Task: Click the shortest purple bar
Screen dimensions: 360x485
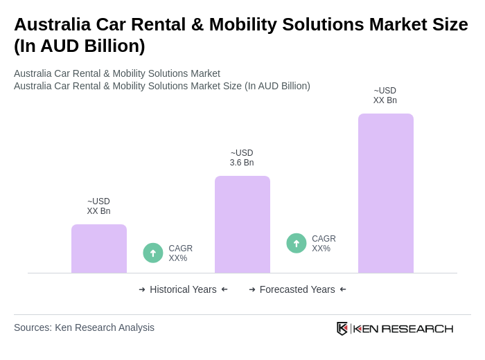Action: (x=99, y=249)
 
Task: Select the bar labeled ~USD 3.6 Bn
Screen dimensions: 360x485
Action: (x=242, y=224)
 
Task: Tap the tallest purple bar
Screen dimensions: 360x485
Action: (x=386, y=193)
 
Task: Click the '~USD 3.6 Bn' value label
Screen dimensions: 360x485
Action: (x=242, y=158)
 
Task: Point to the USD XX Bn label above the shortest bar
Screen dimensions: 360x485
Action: (x=98, y=206)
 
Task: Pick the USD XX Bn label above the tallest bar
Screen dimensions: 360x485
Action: (x=385, y=96)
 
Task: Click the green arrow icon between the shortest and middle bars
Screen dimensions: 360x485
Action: (x=153, y=253)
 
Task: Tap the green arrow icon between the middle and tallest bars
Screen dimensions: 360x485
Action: (x=297, y=243)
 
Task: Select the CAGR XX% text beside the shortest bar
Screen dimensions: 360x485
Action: (x=180, y=253)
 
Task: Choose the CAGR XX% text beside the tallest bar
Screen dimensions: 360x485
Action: (x=324, y=244)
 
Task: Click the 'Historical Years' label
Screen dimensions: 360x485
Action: (x=183, y=289)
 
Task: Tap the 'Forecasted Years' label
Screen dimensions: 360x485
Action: (x=297, y=289)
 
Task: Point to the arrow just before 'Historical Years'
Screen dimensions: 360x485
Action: (x=142, y=289)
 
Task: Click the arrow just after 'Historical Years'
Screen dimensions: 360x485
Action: (x=224, y=289)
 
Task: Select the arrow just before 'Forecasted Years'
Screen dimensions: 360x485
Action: (x=252, y=289)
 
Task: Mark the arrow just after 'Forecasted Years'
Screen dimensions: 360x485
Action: (x=343, y=289)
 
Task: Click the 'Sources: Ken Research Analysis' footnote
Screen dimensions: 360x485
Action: (x=84, y=327)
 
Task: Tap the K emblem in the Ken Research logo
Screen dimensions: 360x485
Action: (x=342, y=328)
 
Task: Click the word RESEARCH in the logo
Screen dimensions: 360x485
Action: (x=417, y=328)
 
